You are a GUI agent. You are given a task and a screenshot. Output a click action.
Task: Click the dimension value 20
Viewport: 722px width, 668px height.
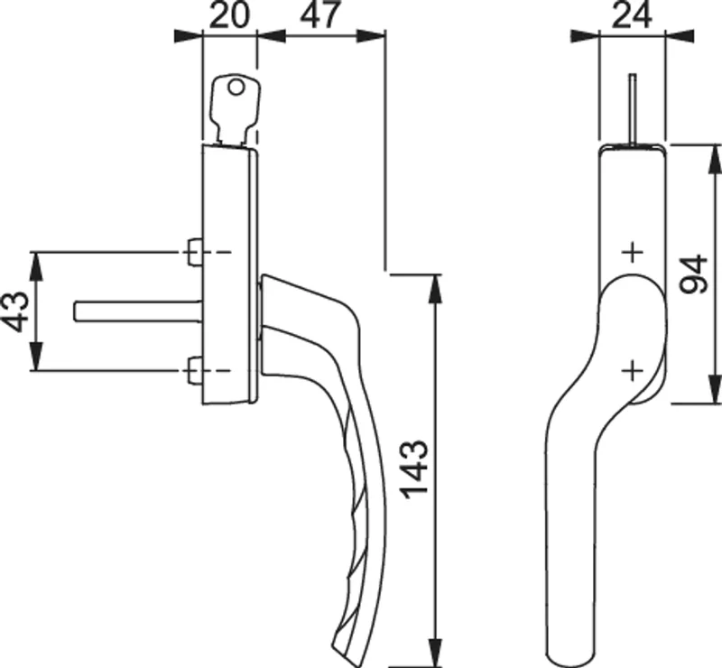point(229,15)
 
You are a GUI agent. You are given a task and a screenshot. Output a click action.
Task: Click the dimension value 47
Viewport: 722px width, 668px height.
point(321,14)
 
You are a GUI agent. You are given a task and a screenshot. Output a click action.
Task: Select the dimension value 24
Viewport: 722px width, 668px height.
point(633,15)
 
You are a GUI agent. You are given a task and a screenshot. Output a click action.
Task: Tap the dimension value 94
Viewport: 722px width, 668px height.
point(694,274)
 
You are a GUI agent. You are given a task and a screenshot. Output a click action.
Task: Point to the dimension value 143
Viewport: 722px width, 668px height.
point(415,470)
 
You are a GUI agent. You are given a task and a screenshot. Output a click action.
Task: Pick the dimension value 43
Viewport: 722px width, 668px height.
point(17,311)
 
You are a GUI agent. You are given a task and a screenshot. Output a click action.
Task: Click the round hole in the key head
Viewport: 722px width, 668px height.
point(236,87)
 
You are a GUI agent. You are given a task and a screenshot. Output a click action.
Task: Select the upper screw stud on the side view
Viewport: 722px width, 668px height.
point(195,252)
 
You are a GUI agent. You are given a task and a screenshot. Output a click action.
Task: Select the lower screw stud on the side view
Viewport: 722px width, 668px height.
point(195,370)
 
